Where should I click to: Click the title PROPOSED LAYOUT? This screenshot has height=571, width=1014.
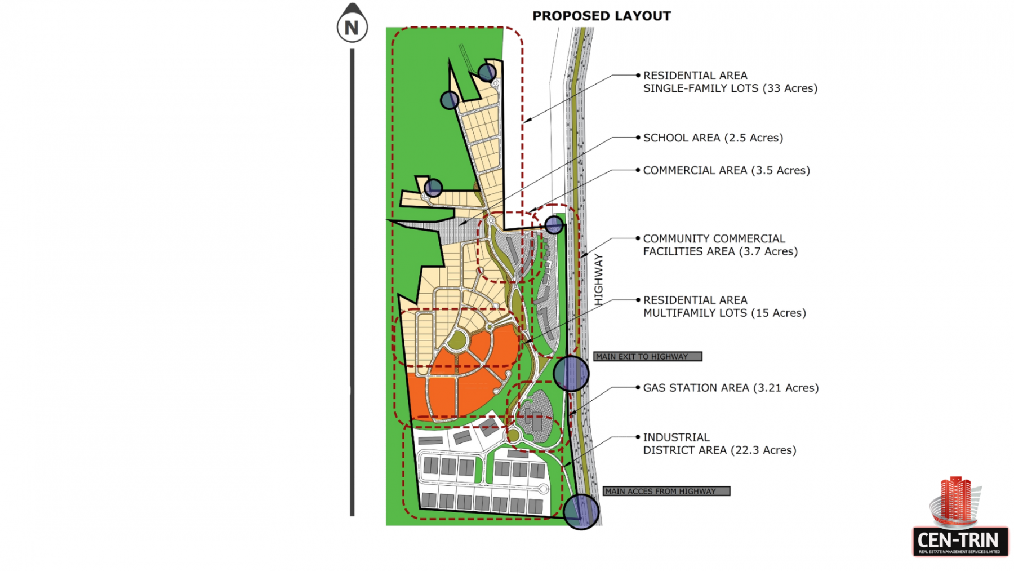(x=602, y=16)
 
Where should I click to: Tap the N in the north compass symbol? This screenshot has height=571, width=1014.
(x=352, y=27)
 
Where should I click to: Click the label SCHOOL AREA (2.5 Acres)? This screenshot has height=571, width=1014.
(x=713, y=138)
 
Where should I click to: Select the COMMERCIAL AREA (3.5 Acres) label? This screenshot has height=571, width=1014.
(x=727, y=170)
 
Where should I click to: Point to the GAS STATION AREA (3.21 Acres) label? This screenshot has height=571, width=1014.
(x=731, y=388)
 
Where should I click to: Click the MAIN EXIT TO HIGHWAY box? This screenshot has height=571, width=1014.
(x=648, y=356)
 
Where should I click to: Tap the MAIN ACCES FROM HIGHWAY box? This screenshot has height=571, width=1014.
(x=666, y=491)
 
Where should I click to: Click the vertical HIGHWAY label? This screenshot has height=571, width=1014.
(x=598, y=280)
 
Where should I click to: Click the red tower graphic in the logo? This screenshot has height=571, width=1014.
(x=956, y=499)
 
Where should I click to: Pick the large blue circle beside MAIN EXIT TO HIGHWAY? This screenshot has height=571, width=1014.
(x=571, y=373)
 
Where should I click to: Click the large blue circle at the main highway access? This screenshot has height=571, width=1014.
(x=581, y=512)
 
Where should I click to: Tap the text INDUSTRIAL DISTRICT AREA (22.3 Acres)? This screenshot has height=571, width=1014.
(x=720, y=444)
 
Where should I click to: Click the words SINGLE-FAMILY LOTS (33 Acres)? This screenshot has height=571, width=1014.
(x=731, y=88)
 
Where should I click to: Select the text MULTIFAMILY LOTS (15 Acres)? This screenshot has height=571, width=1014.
(x=725, y=313)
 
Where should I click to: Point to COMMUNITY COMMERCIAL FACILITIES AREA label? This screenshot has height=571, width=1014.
(x=721, y=245)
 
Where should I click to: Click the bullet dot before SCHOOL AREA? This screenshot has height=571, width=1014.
(x=638, y=138)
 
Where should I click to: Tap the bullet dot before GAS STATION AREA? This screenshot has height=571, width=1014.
(x=638, y=387)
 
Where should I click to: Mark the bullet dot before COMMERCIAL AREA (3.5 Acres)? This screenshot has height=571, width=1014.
(x=638, y=170)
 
